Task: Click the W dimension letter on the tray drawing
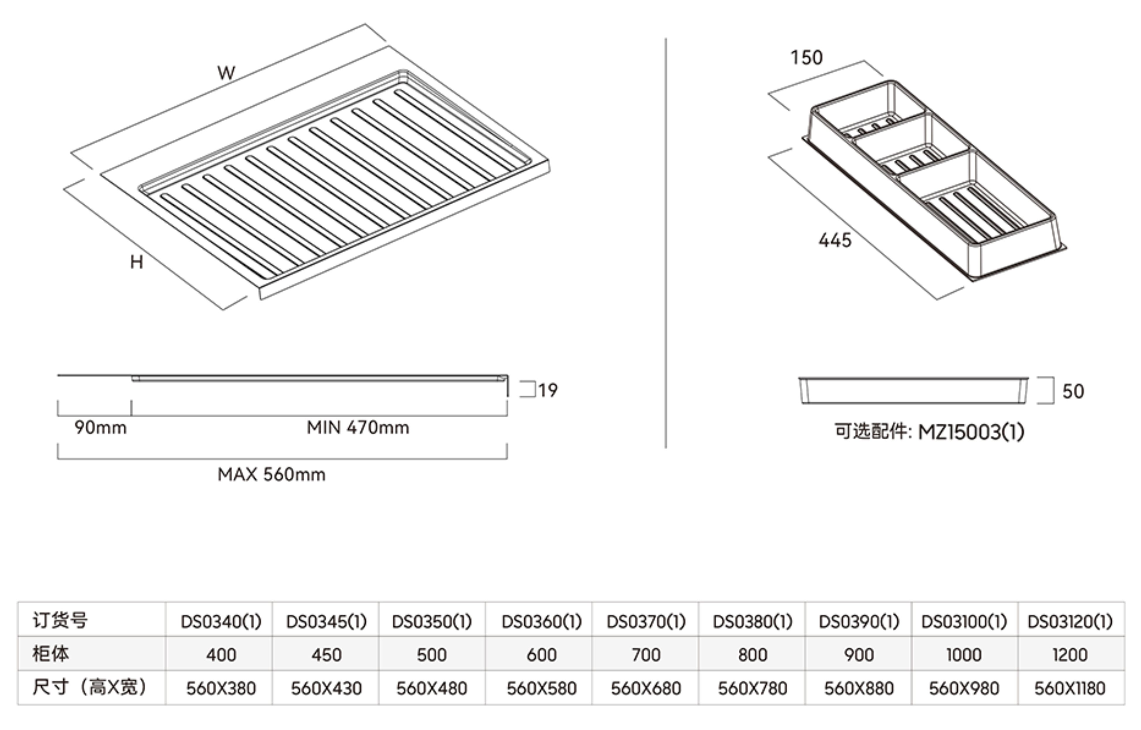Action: tap(226, 73)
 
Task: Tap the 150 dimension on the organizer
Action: tap(806, 58)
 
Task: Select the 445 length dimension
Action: tap(835, 240)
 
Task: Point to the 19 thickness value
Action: tap(548, 391)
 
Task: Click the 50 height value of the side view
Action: tap(1073, 391)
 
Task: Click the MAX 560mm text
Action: tap(271, 475)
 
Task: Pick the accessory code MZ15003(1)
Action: tap(971, 432)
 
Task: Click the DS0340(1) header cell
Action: tap(221, 621)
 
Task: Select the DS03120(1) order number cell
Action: tap(1070, 621)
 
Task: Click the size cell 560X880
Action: tap(859, 688)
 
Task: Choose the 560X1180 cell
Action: tap(1070, 688)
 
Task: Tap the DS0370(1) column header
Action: tap(646, 621)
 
